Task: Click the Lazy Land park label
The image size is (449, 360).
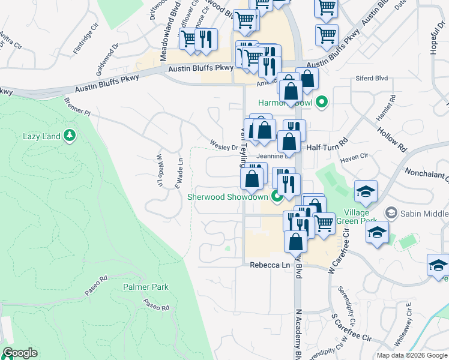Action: tap(41, 136)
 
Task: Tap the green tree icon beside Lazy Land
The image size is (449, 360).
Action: tap(70, 136)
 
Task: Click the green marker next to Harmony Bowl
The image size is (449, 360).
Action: tap(322, 103)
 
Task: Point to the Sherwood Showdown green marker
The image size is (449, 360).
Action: tap(277, 196)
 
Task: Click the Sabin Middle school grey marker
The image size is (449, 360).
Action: tap(391, 212)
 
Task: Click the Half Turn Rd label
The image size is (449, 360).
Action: tap(327, 146)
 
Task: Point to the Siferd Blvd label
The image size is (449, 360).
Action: tap(373, 78)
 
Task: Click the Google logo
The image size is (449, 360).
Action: tap(20, 353)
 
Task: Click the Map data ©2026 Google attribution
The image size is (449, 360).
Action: tap(412, 355)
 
